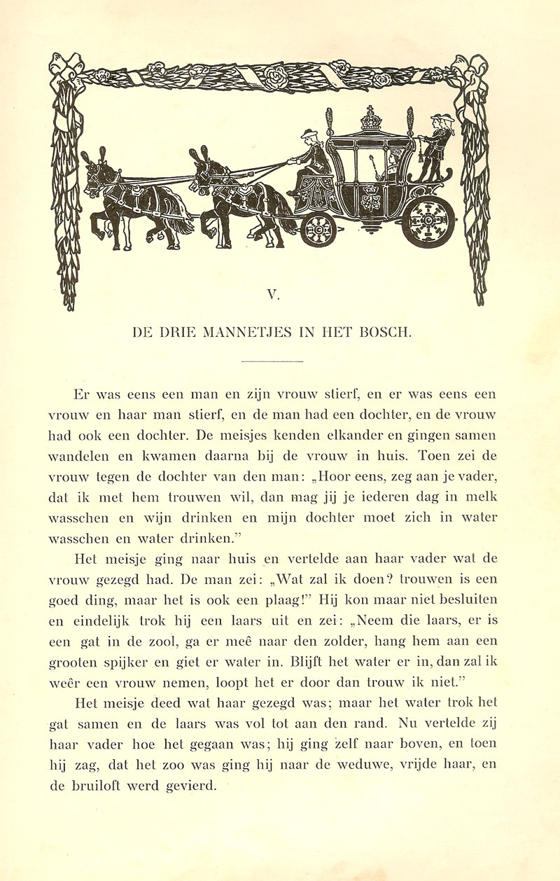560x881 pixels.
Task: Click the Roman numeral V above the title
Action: (x=273, y=295)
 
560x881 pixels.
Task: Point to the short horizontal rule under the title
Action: (x=272, y=361)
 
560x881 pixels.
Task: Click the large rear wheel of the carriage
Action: (x=427, y=219)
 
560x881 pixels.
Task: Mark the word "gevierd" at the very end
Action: (x=191, y=786)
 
